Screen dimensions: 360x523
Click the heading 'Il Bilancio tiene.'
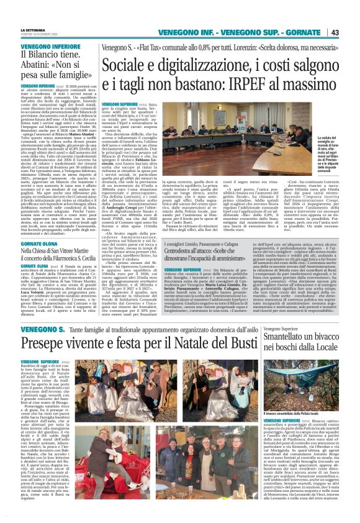[x=48, y=54]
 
